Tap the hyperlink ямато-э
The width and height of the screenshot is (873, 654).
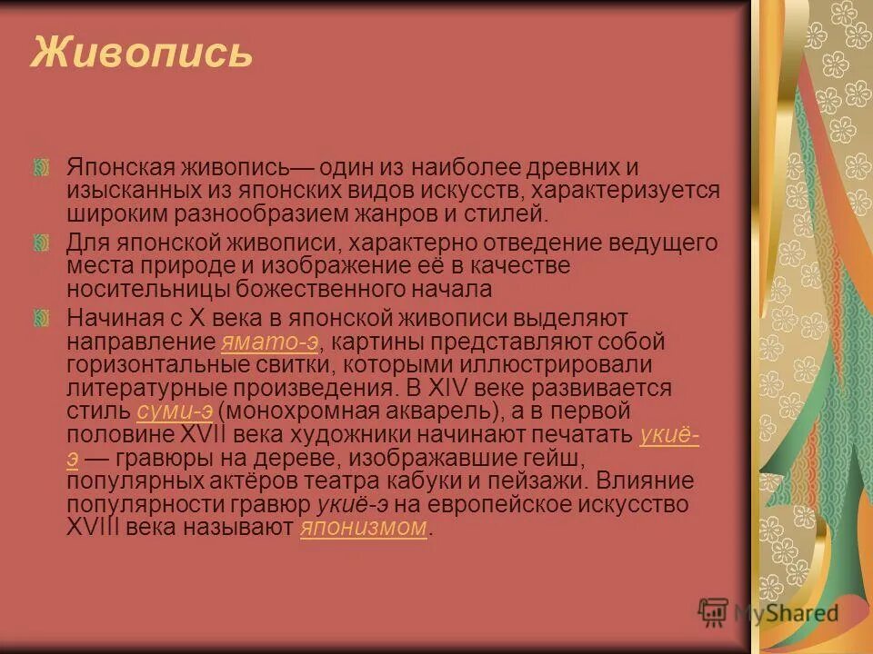click(269, 343)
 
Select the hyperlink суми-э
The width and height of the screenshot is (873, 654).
click(175, 411)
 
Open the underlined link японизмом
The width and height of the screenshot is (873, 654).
click(363, 528)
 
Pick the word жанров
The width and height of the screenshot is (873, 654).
click(411, 215)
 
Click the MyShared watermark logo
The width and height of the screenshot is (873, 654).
click(768, 613)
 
